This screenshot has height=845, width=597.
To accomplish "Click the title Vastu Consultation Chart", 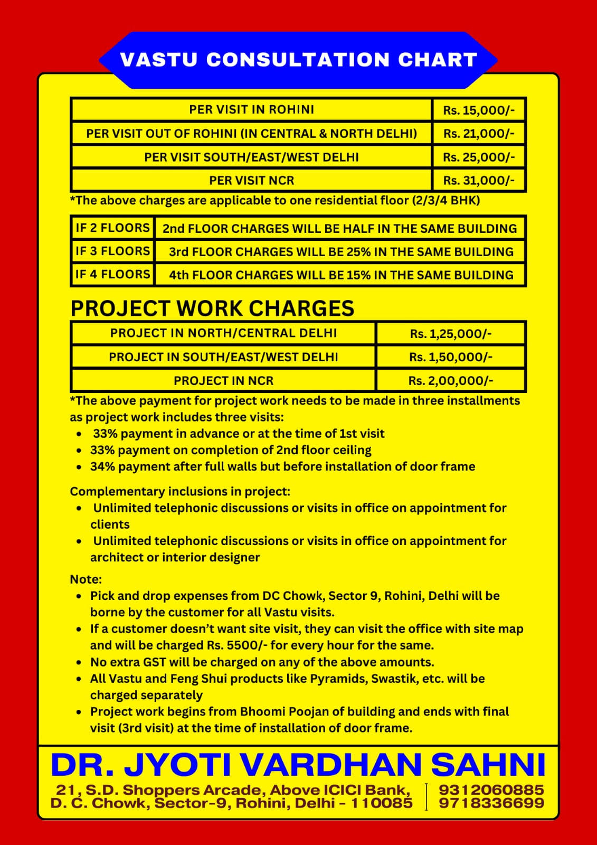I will [298, 60].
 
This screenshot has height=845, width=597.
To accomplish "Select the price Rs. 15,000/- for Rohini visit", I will [478, 110].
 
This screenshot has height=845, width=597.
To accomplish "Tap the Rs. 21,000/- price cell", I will [478, 134].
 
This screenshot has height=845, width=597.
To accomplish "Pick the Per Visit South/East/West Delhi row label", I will [251, 157].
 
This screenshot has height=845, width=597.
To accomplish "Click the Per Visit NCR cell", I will [251, 180].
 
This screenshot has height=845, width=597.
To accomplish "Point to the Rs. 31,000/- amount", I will [478, 180].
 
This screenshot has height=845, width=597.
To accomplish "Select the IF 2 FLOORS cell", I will [112, 228].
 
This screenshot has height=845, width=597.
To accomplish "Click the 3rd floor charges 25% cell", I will [340, 251].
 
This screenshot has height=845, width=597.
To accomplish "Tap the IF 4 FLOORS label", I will [112, 274].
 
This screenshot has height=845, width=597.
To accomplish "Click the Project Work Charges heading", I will [212, 308].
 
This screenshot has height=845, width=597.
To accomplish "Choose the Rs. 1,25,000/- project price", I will [450, 333].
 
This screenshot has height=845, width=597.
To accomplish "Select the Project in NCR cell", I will [223, 380].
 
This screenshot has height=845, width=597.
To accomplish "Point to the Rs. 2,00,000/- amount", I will [450, 380].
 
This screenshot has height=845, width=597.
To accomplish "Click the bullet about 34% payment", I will [282, 466].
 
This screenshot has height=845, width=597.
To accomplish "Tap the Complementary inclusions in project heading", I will [180, 491].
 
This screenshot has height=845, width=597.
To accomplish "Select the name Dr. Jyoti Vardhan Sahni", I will [298, 764].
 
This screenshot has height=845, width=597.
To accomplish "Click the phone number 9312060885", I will [491, 790].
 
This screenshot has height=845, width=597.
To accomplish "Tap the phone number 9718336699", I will [491, 803].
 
